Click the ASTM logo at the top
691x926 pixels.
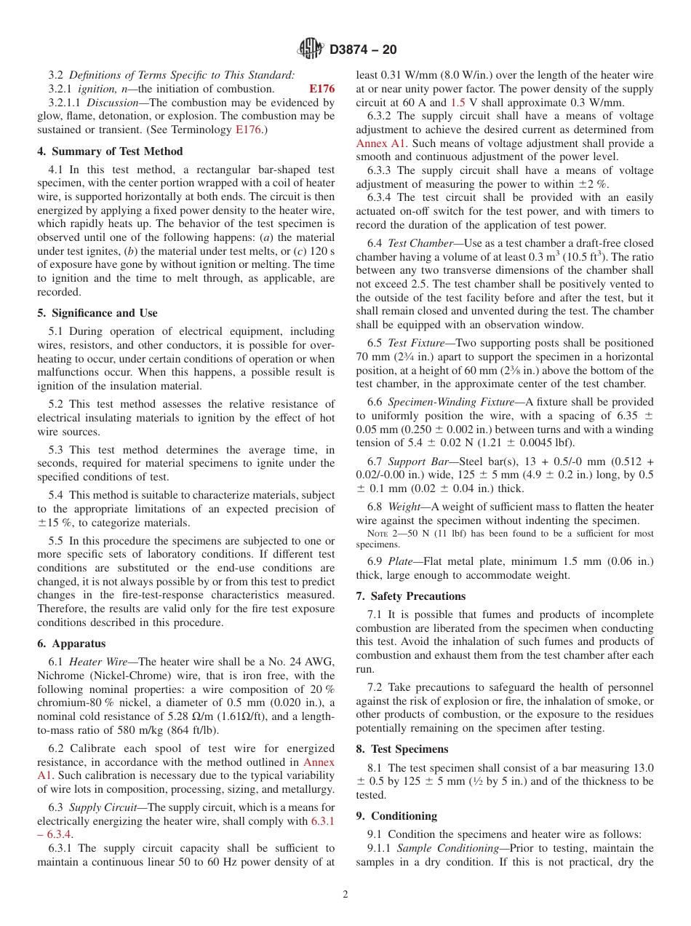point(311,50)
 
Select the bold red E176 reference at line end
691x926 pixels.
point(321,89)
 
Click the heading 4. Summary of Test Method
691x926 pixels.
point(110,151)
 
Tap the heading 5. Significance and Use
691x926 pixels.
point(97,313)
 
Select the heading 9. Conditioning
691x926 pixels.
point(396,816)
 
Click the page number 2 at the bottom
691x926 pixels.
point(345,895)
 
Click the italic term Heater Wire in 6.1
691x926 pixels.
point(101,661)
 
